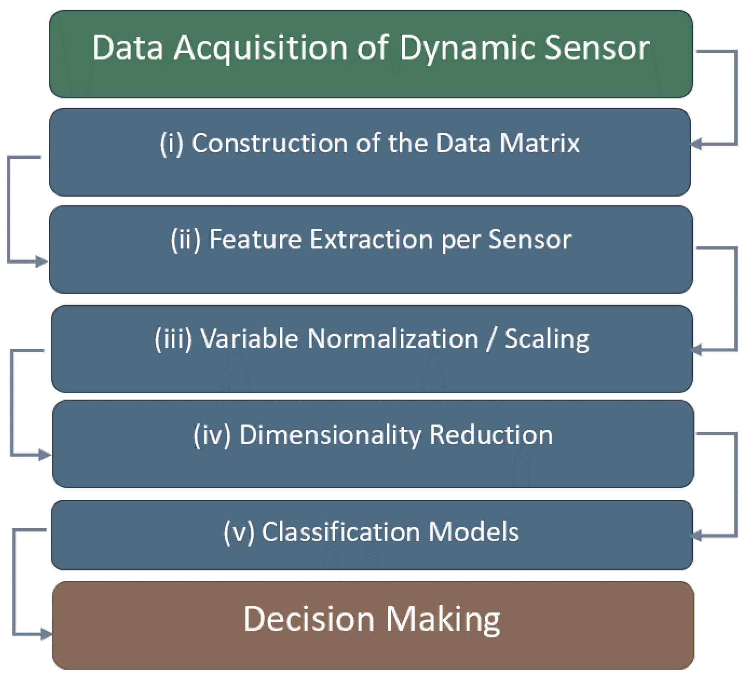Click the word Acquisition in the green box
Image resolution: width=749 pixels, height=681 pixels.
260,48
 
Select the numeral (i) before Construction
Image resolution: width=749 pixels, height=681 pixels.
171,143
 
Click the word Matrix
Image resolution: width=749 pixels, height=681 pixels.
539,143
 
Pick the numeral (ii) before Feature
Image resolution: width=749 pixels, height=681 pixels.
185,239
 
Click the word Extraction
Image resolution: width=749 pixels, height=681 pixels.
371,239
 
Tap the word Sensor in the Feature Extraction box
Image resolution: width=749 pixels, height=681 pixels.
529,239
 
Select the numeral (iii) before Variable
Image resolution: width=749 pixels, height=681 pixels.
173,339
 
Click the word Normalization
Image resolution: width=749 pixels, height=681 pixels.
393,339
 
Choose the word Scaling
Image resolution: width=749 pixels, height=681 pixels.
547,339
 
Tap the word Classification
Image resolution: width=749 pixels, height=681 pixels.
341,532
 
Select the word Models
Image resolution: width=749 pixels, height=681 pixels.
473,532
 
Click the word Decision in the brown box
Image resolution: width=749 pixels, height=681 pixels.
309,619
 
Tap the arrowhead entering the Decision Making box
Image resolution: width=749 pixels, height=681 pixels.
46,634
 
